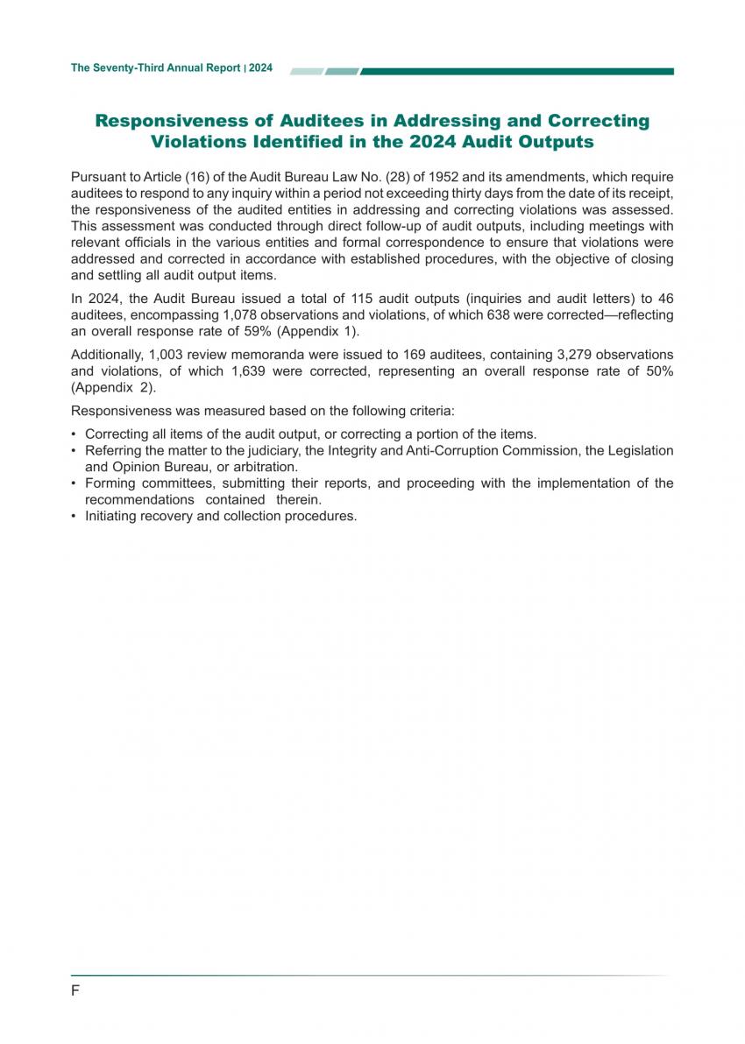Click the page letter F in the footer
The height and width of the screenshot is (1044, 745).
(75, 991)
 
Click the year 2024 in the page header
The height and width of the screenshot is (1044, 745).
(260, 67)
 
